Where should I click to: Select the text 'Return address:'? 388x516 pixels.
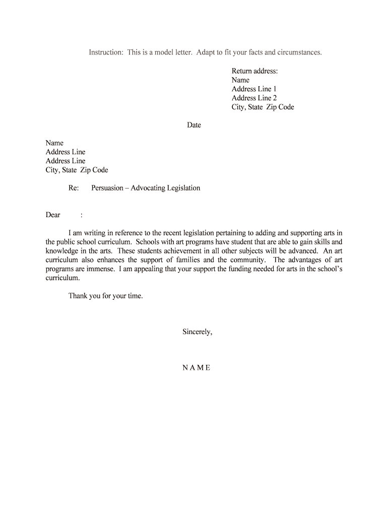point(254,71)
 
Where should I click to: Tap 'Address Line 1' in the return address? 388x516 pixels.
point(254,89)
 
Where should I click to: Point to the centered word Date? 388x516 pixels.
point(194,125)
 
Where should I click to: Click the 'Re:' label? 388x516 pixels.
point(74,188)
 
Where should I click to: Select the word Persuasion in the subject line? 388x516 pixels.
point(107,188)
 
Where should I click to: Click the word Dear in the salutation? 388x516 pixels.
point(53,215)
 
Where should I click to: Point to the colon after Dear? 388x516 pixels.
point(81,215)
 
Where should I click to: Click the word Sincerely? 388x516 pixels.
point(197,332)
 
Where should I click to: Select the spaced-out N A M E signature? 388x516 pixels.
point(196,368)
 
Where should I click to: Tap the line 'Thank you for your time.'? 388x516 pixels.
point(106,296)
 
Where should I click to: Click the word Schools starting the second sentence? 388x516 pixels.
point(149,242)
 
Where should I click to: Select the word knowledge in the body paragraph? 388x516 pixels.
point(62,251)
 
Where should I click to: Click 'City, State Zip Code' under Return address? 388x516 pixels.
point(263,107)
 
